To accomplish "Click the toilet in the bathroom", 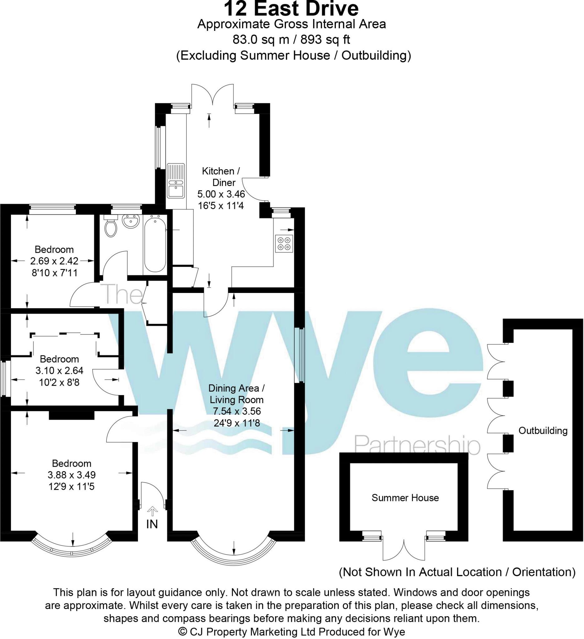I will click(x=110, y=227).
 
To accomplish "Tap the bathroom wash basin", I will click(x=130, y=221).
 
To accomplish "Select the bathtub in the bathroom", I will click(x=155, y=243).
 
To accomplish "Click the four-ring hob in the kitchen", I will click(x=284, y=243).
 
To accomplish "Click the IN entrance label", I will click(x=152, y=524).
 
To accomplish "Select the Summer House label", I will click(x=405, y=498).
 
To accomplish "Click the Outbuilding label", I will click(x=543, y=431).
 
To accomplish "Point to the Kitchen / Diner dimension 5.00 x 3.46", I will click(x=221, y=194).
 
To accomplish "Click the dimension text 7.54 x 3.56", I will click(x=237, y=411).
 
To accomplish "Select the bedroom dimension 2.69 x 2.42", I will click(x=54, y=261).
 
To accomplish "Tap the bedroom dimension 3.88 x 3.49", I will click(x=72, y=475).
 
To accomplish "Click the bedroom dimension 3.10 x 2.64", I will click(x=59, y=371).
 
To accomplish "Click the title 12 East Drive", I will click(x=291, y=9).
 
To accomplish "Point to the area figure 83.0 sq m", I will click(x=261, y=40).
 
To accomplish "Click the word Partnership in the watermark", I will click(x=417, y=446).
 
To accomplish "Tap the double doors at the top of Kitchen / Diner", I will click(x=213, y=94).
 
